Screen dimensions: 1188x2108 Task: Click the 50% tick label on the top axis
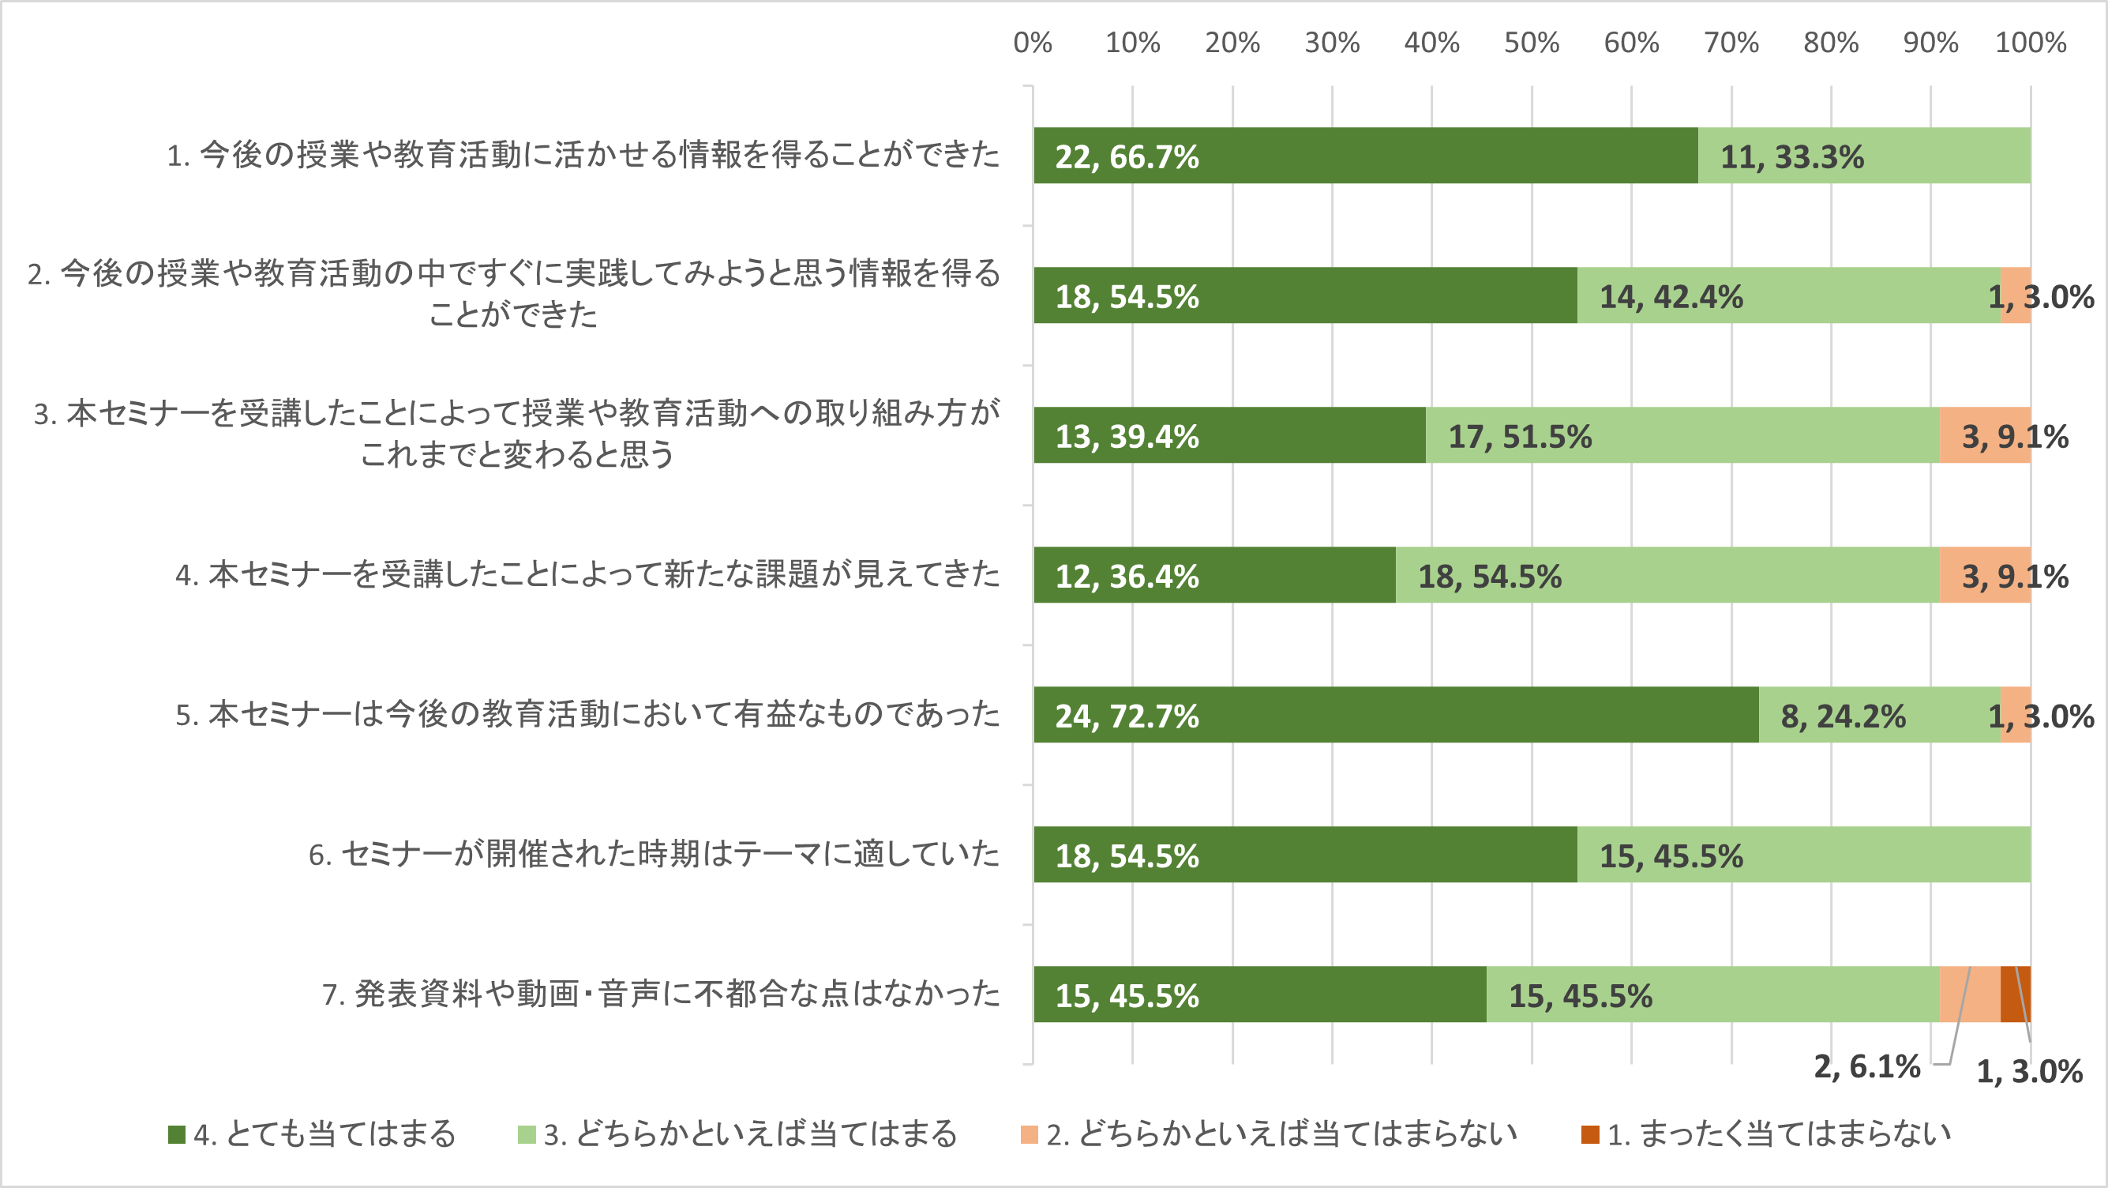click(x=1531, y=43)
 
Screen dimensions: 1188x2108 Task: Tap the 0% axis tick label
click(x=1032, y=43)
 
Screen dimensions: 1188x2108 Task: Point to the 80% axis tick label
click(x=1831, y=43)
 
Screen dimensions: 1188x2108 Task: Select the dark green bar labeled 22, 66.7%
click(x=1365, y=156)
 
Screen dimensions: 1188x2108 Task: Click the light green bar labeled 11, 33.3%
click(x=1864, y=156)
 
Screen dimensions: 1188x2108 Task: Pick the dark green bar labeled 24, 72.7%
click(x=1395, y=715)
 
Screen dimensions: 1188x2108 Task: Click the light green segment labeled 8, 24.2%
click(x=1879, y=715)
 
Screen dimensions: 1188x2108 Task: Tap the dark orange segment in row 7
click(x=2016, y=994)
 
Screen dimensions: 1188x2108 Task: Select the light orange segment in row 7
click(x=1970, y=994)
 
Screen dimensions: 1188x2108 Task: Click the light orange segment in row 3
click(x=1984, y=434)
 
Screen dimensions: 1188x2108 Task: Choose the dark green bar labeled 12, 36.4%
click(x=1213, y=575)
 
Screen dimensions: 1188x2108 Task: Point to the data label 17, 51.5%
click(x=1520, y=436)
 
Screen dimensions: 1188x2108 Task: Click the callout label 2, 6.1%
click(x=1866, y=1066)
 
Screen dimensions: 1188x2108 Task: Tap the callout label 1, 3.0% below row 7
click(x=2029, y=1071)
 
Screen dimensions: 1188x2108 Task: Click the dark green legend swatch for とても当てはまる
click(x=177, y=1134)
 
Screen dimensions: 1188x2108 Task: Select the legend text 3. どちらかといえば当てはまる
click(x=750, y=1134)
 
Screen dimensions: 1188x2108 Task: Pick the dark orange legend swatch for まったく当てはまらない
click(x=1590, y=1134)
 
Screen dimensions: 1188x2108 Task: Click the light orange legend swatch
click(x=1029, y=1134)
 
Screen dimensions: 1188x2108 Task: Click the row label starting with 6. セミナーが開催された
click(x=654, y=854)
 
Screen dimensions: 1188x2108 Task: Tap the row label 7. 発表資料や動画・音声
click(x=660, y=994)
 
